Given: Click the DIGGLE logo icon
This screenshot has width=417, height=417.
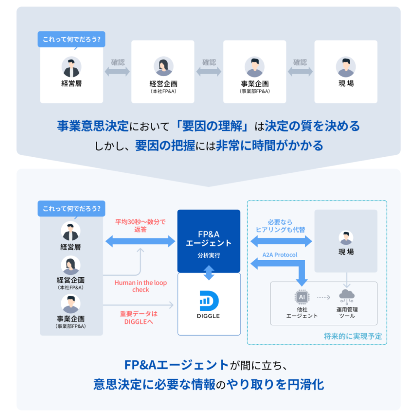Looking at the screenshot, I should pyautogui.click(x=209, y=302).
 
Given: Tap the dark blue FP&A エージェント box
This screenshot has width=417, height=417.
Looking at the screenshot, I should pyautogui.click(x=208, y=241).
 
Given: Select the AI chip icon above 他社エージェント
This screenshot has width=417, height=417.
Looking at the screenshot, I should pyautogui.click(x=302, y=296).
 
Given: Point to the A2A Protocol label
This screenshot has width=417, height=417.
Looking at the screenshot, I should pyautogui.click(x=280, y=254).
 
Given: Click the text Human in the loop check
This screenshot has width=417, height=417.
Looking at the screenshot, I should pyautogui.click(x=141, y=286).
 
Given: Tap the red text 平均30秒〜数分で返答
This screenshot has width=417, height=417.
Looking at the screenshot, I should pyautogui.click(x=141, y=226).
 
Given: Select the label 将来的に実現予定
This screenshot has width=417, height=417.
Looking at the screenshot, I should pyautogui.click(x=353, y=336).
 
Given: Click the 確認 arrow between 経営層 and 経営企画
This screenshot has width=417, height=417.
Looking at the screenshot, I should pyautogui.click(x=117, y=71).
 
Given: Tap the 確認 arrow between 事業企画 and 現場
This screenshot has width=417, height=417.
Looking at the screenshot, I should pyautogui.click(x=300, y=71).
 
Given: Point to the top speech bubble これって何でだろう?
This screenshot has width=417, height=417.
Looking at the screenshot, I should pyautogui.click(x=71, y=40).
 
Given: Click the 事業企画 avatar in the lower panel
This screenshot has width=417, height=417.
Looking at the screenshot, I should pyautogui.click(x=70, y=304).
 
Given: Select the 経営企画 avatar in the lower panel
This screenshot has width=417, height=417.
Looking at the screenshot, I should pyautogui.click(x=70, y=265).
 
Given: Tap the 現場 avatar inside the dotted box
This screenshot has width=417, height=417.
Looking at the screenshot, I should pyautogui.click(x=346, y=238).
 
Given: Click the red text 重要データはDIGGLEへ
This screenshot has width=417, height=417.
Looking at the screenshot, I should pyautogui.click(x=139, y=317).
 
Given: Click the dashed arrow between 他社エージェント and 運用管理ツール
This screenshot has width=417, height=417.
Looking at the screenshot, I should pyautogui.click(x=323, y=297).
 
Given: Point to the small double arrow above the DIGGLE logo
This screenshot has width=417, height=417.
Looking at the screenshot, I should pyautogui.click(x=209, y=273).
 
